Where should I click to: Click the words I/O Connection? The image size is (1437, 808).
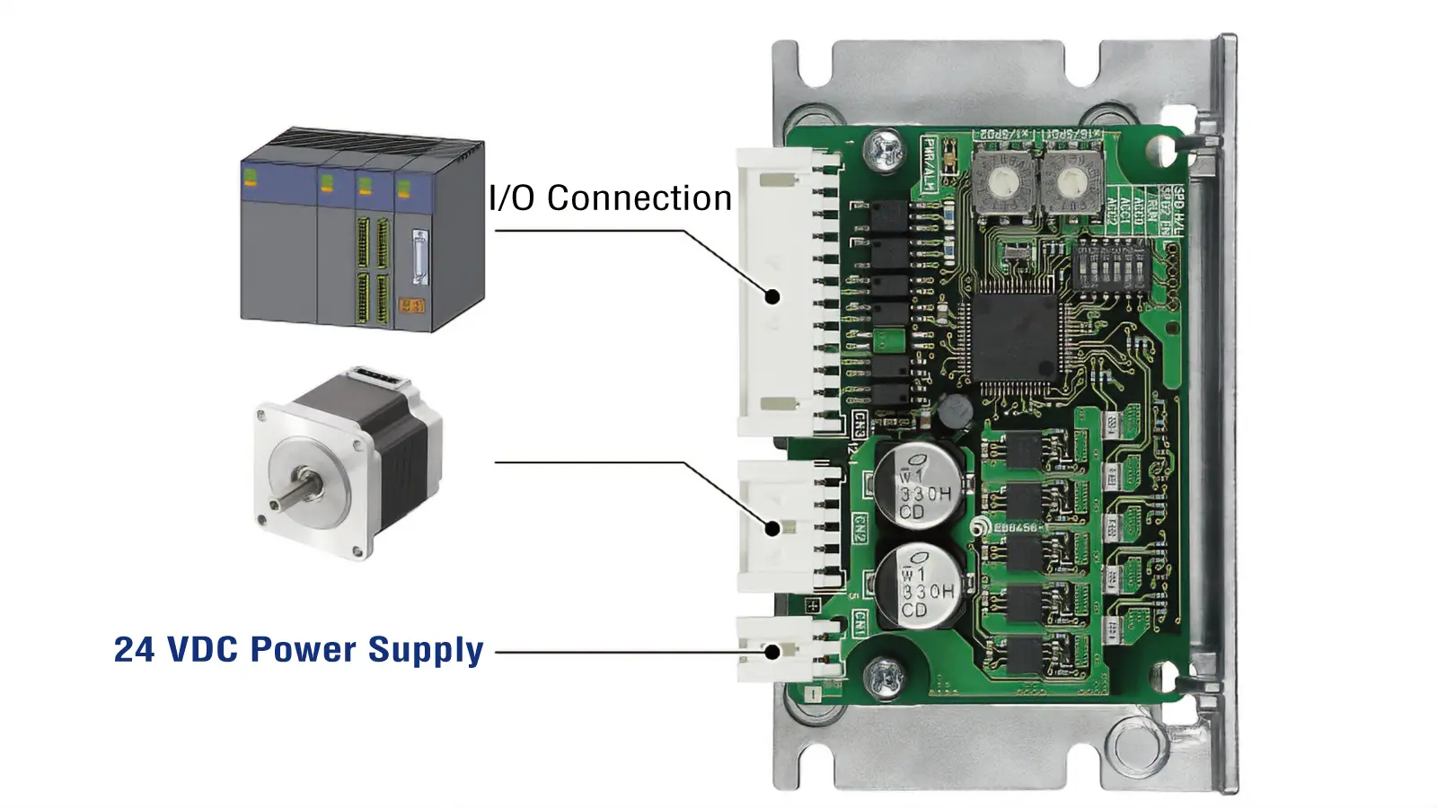pyautogui.click(x=610, y=198)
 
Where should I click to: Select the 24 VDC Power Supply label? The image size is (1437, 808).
pyautogui.click(x=298, y=650)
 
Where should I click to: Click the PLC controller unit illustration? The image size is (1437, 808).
pyautogui.click(x=363, y=231)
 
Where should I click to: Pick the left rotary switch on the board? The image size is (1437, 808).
pyautogui.click(x=1000, y=181)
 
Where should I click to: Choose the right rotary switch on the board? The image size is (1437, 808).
pyautogui.click(x=1069, y=182)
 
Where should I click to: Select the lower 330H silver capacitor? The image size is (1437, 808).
pyautogui.click(x=921, y=586)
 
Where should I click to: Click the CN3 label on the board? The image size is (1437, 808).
pyautogui.click(x=860, y=423)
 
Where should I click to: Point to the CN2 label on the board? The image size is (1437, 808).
pyautogui.click(x=859, y=529)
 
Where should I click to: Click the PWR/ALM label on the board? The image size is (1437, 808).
pyautogui.click(x=930, y=164)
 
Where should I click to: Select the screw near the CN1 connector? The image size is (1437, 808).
pyautogui.click(x=885, y=676)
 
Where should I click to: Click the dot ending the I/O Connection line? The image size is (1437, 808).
pyautogui.click(x=771, y=296)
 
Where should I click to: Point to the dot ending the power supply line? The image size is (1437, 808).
pyautogui.click(x=771, y=652)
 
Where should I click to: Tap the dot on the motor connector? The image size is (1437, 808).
pyautogui.click(x=771, y=529)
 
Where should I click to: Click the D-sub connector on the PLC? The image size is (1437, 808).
pyautogui.click(x=419, y=258)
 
